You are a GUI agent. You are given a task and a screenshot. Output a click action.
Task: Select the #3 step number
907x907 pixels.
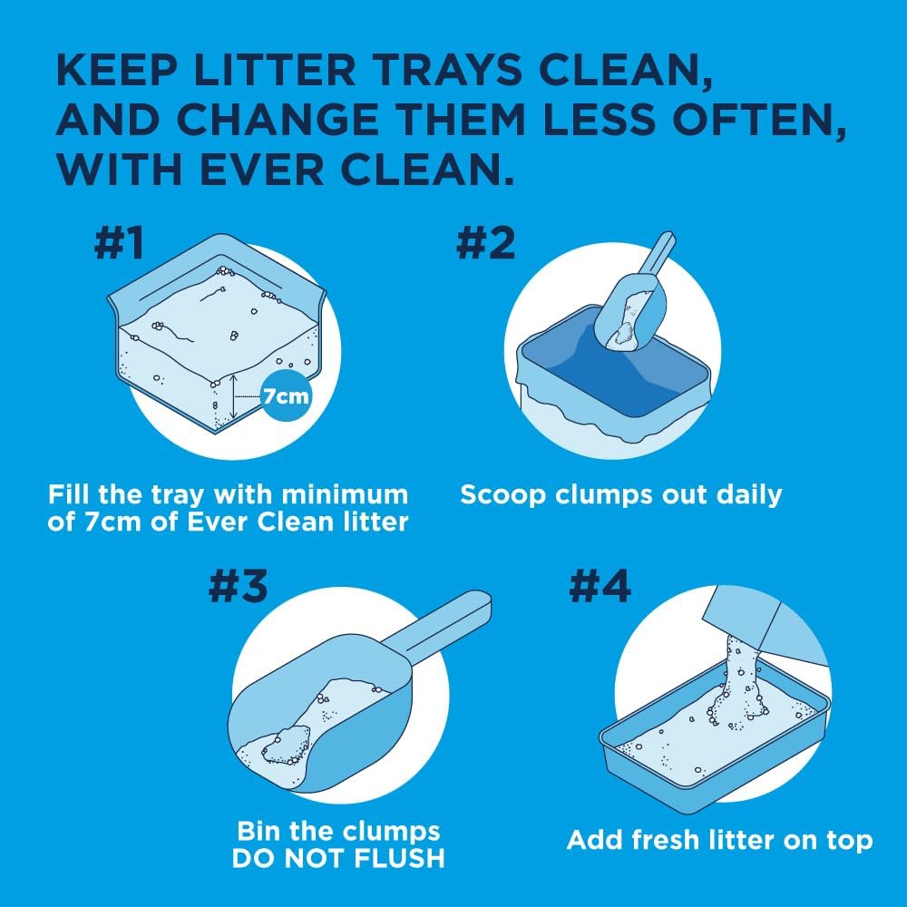(x=238, y=587)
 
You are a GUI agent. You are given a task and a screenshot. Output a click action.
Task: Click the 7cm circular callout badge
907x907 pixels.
(x=286, y=395)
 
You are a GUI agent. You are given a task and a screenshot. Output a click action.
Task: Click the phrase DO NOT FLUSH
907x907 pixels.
(x=338, y=857)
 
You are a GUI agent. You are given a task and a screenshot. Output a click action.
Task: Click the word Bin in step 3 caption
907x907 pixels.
(x=259, y=831)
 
